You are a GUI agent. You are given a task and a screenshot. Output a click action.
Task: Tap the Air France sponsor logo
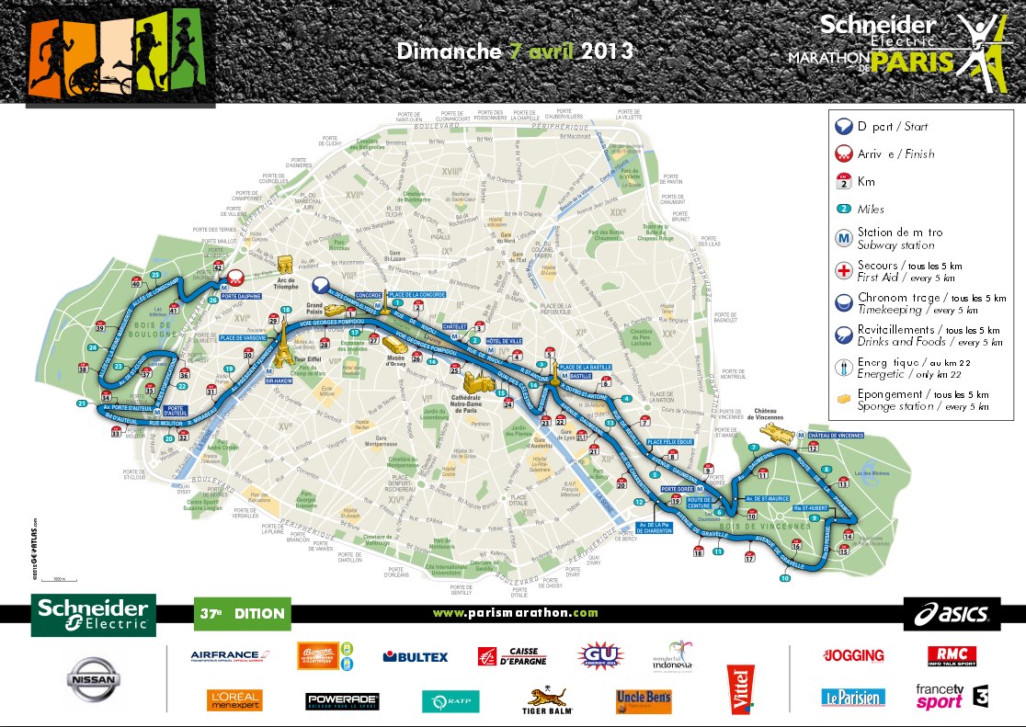click(226, 656)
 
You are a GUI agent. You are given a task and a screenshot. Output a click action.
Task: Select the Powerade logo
click(342, 701)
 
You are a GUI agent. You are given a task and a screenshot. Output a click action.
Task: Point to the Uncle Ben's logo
click(644, 700)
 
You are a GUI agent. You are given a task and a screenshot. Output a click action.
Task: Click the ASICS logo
click(952, 613)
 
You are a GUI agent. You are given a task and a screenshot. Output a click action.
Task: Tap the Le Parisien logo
click(853, 698)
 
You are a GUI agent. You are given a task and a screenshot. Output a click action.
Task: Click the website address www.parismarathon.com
click(515, 613)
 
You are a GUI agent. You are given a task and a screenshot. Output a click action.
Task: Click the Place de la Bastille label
click(585, 367)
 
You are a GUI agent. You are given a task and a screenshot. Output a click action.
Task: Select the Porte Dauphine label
click(242, 296)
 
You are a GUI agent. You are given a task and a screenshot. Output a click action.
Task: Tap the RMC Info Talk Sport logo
click(952, 656)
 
